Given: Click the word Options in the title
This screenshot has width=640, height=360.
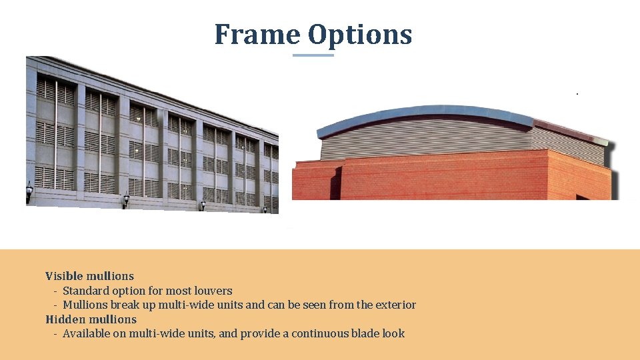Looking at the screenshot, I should (x=360, y=35).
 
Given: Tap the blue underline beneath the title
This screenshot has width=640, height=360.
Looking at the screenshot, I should (x=313, y=55).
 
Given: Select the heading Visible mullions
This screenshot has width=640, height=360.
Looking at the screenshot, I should (x=89, y=276).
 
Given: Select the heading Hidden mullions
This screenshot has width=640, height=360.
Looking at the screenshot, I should (x=91, y=319).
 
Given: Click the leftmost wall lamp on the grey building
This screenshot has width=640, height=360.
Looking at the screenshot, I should (x=29, y=191).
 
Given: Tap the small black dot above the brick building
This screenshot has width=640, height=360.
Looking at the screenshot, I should (x=577, y=94).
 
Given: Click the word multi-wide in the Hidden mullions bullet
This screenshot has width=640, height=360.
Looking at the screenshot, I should (x=156, y=333).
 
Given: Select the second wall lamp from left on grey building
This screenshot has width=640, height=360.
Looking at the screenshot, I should (x=125, y=200).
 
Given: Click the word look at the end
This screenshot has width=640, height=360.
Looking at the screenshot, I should (x=393, y=333).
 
